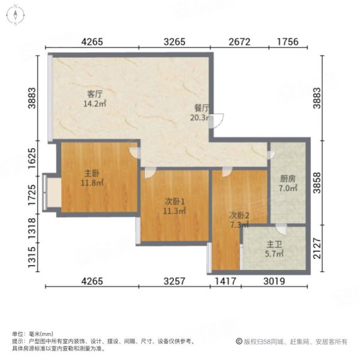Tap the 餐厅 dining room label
coord(201,109)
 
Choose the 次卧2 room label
coord(239,215)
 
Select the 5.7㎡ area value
coord(275,254)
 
